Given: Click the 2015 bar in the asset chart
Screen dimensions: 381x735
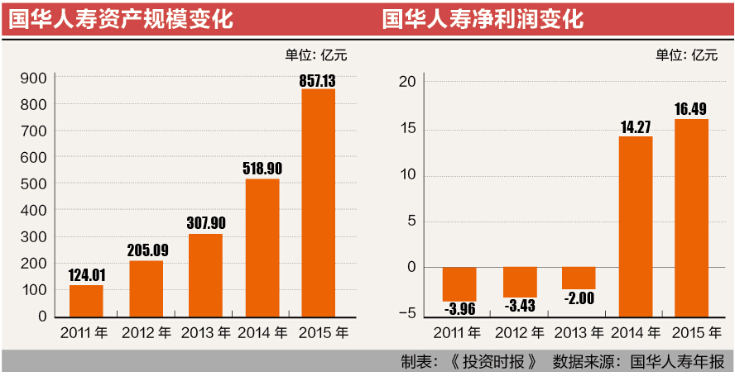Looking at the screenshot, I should point(318,202).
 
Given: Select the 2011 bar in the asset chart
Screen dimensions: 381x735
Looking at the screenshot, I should point(86,301).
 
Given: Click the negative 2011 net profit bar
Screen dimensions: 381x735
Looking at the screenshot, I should point(459,283).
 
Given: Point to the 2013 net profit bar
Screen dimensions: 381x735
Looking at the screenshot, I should point(579,278).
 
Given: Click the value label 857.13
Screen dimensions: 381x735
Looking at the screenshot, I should point(318,80).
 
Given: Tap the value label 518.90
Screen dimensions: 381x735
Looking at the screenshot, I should point(262,169).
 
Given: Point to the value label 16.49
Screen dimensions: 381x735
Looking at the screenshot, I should point(692,108).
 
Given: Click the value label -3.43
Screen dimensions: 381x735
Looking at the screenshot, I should point(520,307).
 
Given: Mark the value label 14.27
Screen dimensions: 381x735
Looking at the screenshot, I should point(636,127).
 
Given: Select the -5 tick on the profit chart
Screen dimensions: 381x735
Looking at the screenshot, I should point(404,313).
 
